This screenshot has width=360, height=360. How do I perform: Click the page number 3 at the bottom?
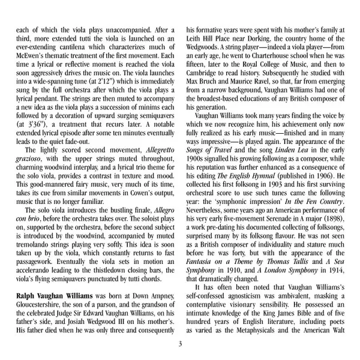click(180, 343)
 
